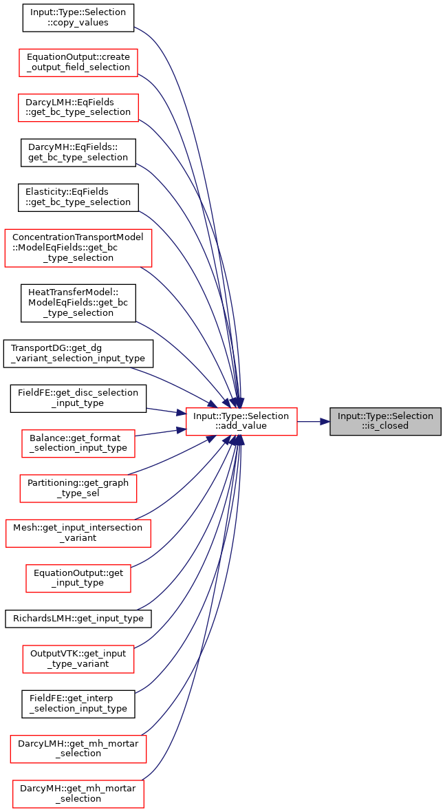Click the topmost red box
click(78, 63)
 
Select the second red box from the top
click(78, 108)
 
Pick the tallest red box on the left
click(78, 248)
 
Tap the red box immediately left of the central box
click(78, 444)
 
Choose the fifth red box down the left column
click(78, 489)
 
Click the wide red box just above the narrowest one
click(78, 533)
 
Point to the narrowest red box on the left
click(78, 579)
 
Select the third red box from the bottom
click(78, 659)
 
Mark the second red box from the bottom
click(78, 749)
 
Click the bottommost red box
click(78, 794)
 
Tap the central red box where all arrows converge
click(241, 422)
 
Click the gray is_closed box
click(385, 421)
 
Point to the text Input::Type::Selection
click(385, 416)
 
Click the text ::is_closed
click(385, 426)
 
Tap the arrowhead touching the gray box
click(325, 422)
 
